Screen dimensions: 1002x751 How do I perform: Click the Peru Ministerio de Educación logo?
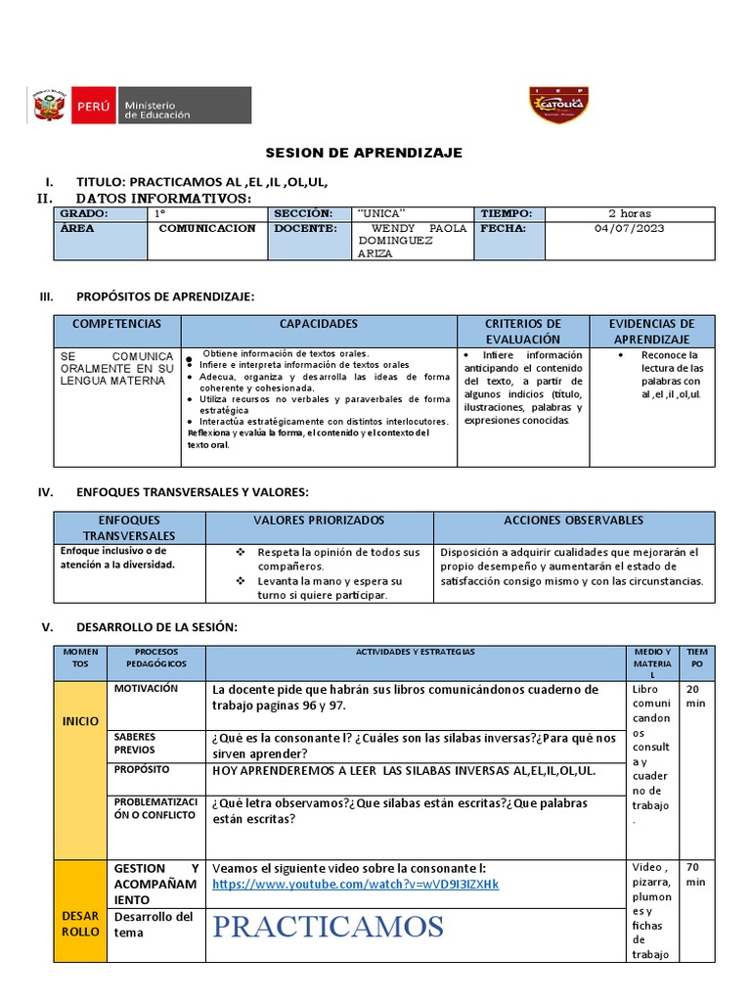(141, 105)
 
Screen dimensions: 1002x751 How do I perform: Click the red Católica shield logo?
(557, 105)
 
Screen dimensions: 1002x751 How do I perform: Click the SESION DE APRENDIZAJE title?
(365, 154)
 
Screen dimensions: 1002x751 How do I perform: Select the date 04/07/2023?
(629, 229)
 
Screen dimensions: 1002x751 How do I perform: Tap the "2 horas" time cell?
(629, 213)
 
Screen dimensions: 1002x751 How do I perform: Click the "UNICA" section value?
(382, 213)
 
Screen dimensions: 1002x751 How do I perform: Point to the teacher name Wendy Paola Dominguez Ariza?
(412, 240)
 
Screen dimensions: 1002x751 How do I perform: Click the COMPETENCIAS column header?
(116, 324)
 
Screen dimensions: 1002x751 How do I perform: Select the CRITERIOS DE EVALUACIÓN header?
(523, 331)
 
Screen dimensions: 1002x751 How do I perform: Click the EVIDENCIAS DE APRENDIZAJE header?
(651, 331)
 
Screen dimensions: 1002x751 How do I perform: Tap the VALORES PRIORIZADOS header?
(319, 521)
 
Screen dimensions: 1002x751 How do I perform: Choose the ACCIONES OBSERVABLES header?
(574, 521)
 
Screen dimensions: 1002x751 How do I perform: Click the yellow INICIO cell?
(80, 721)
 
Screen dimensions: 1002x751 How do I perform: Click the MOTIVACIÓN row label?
(146, 689)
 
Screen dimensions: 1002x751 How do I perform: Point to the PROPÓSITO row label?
(142, 770)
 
